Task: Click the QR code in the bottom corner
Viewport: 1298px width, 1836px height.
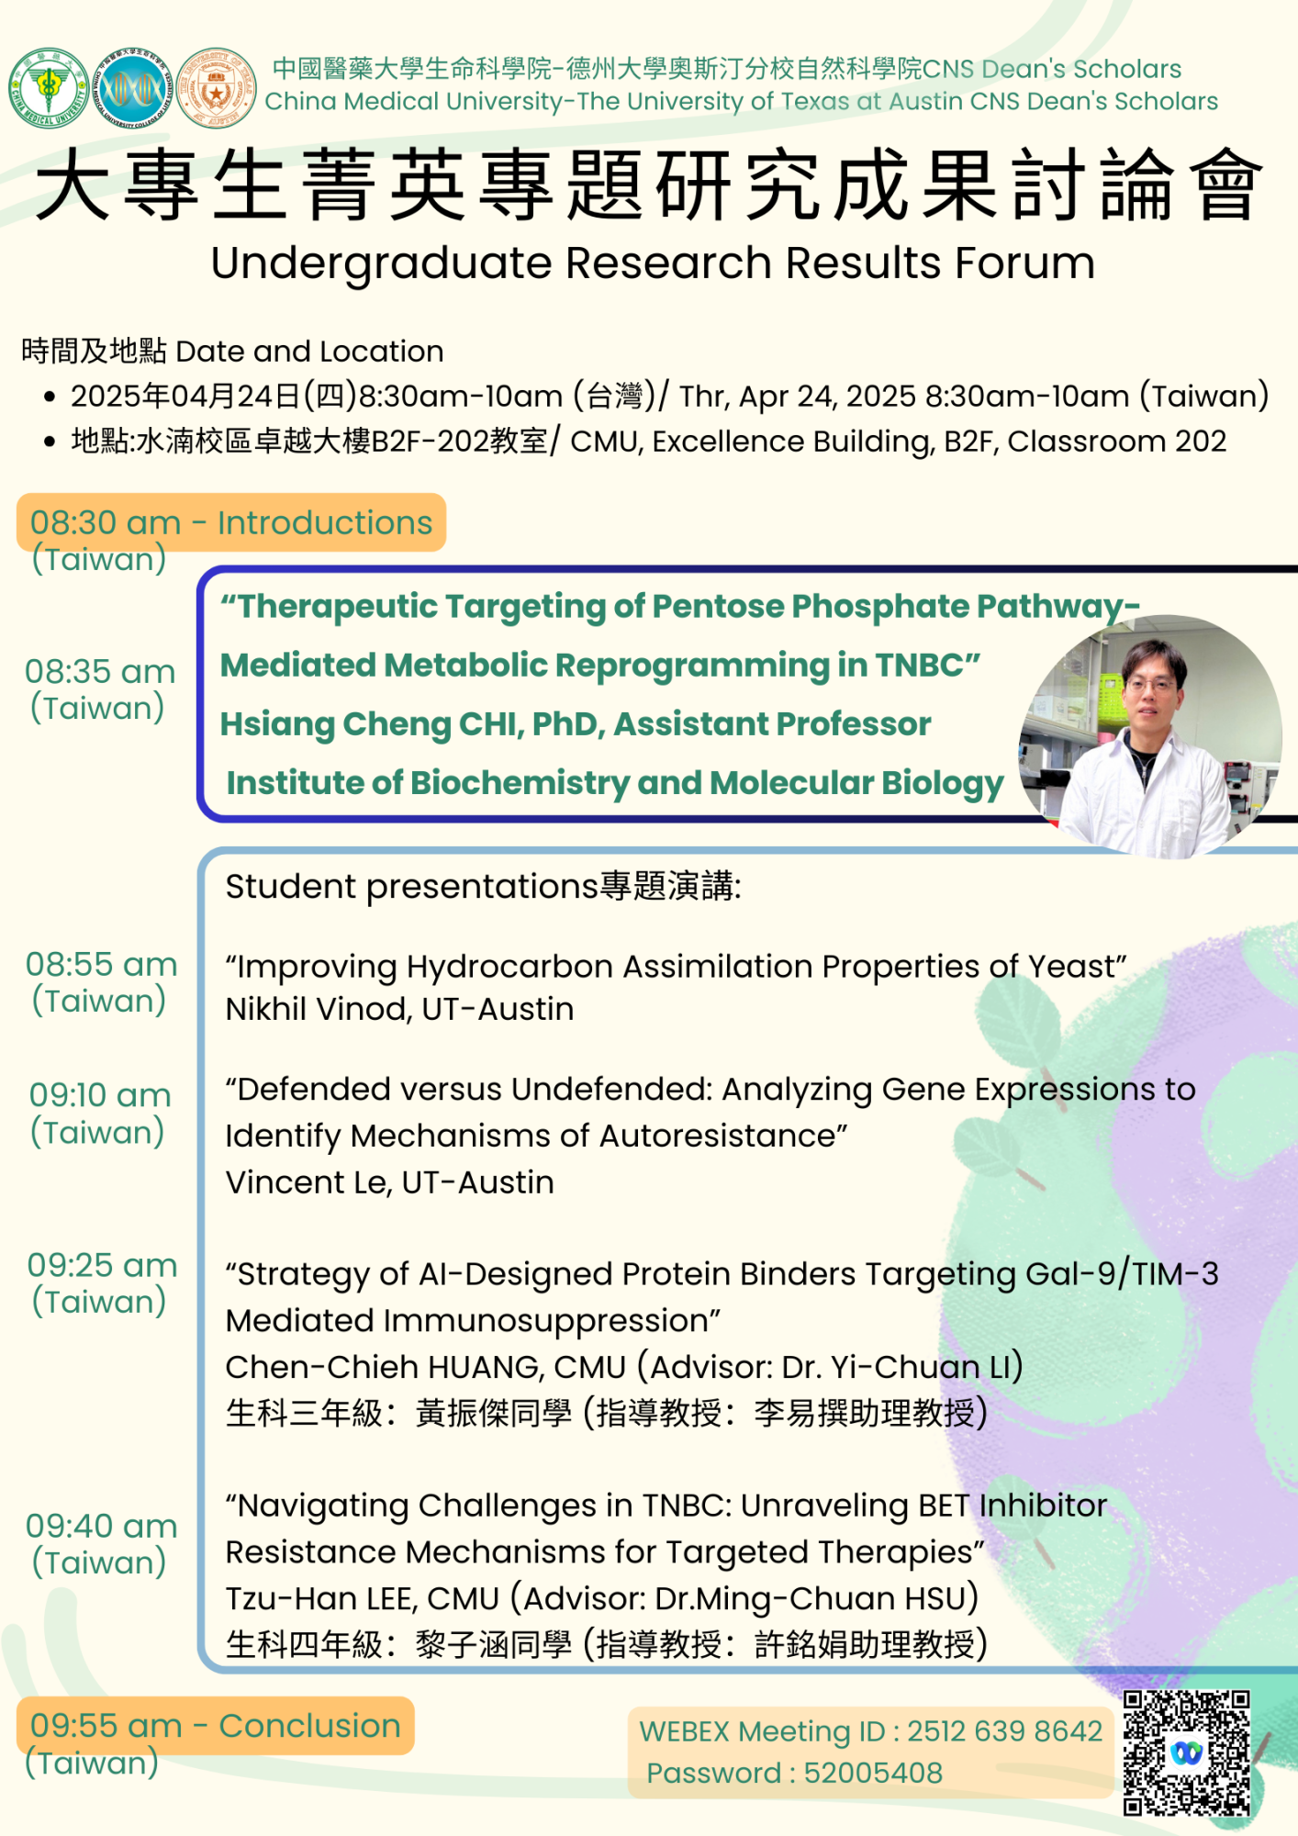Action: pos(1187,1752)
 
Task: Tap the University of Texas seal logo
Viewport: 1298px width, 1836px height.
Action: pos(217,88)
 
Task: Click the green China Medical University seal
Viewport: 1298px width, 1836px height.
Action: pos(49,88)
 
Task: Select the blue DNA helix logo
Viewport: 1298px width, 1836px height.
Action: pos(133,88)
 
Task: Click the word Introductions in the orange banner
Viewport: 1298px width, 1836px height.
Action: pos(325,522)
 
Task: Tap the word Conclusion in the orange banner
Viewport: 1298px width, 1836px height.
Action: pos(310,1726)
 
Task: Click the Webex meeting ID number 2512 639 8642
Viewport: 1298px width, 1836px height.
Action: pos(1005,1730)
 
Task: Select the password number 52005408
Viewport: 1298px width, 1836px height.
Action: pos(873,1773)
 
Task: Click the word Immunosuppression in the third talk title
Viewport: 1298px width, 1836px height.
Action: pos(545,1321)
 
